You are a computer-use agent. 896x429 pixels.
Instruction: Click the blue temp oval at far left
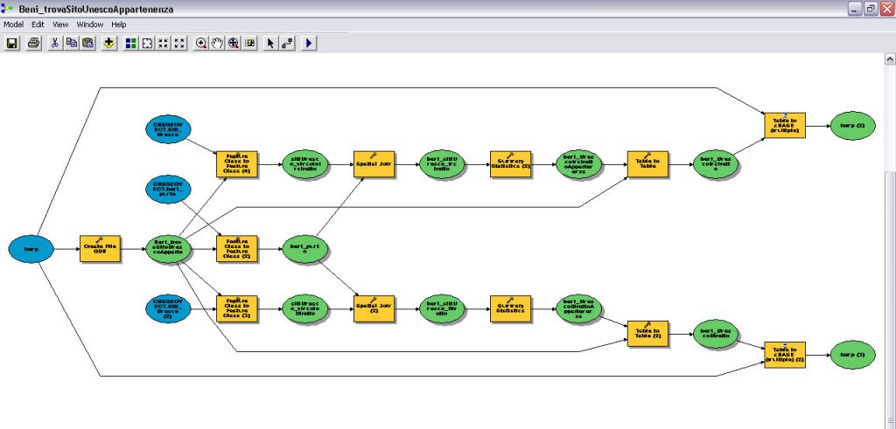tap(31, 249)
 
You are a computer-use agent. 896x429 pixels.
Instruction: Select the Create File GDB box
tap(99, 249)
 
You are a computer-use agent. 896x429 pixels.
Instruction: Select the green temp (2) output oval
tap(852, 126)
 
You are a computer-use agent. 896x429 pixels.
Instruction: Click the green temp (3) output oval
tap(852, 355)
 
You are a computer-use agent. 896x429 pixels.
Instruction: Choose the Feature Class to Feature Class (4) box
tap(237, 163)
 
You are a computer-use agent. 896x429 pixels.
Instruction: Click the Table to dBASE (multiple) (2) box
tap(784, 355)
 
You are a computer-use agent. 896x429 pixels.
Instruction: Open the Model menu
tap(13, 24)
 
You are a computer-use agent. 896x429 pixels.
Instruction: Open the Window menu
tap(89, 24)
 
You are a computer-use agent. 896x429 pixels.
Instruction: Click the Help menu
tap(119, 24)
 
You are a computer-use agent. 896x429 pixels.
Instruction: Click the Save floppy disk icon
tap(13, 43)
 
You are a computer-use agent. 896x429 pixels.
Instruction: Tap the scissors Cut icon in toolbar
tap(54, 43)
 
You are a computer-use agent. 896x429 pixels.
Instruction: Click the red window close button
tap(885, 9)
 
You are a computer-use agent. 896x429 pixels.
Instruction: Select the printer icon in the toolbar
tap(32, 43)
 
